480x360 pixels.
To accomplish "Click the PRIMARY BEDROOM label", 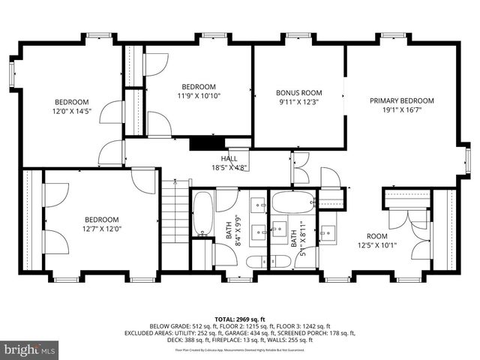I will [401, 100].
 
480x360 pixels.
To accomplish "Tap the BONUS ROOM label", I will [297, 93].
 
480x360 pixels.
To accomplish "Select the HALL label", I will [229, 158].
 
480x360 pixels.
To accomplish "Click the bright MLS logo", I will [30, 349].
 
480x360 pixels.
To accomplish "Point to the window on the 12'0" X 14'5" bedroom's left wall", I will [11, 74].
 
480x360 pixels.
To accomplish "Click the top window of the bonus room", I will [298, 36].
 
